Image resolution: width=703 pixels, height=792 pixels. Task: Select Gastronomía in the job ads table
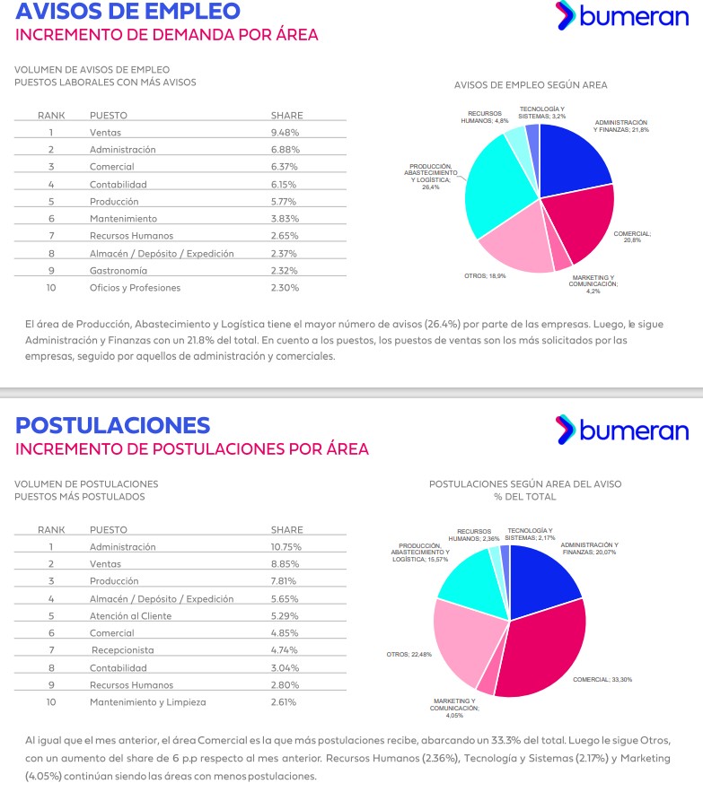coord(120,270)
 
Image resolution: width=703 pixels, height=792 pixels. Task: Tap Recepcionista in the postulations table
coord(123,649)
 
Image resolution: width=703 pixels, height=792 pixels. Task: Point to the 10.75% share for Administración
coord(286,546)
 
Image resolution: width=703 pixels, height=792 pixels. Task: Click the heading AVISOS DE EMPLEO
coord(128,12)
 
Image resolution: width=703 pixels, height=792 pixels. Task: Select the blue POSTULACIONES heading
coord(113,425)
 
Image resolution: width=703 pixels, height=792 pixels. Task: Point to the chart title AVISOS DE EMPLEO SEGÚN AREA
coord(531,85)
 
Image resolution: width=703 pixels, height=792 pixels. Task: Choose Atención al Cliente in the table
coord(130,615)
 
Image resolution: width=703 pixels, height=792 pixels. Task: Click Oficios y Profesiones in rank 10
coord(135,288)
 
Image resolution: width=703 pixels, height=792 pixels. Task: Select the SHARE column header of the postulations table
coord(286,529)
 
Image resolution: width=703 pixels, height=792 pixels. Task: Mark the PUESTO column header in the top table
coord(108,115)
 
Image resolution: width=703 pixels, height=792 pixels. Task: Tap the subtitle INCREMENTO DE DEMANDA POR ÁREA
coord(167,36)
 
